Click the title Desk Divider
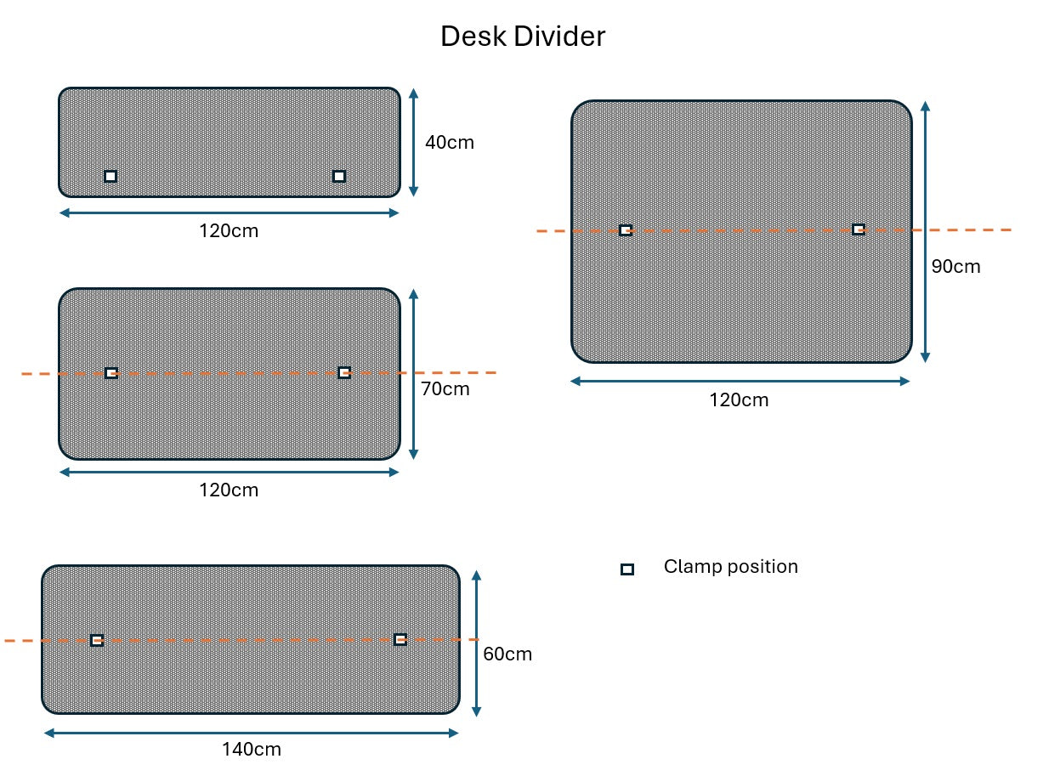522,37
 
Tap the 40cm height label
449,142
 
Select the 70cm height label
445,389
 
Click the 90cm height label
955,267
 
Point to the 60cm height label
507,654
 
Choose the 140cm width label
252,750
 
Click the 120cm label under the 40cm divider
229,230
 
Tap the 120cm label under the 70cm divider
229,490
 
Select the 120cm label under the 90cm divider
739,400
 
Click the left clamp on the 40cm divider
111,176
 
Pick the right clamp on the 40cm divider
339,176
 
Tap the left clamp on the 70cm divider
111,373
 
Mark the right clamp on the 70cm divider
344,372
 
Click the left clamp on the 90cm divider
626,230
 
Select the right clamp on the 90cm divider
859,229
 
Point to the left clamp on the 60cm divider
97,640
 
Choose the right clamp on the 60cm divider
400,639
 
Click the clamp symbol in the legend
627,569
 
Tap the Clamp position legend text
730,567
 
